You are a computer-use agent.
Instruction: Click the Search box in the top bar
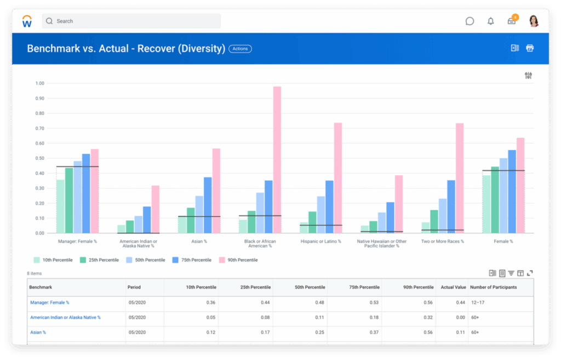[x=131, y=21]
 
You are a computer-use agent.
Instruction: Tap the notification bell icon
[x=490, y=21]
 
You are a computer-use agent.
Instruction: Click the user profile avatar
[x=534, y=21]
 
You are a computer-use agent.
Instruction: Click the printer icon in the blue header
[x=530, y=48]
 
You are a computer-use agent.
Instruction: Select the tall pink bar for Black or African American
[x=277, y=159]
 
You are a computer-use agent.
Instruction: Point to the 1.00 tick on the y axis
[x=39, y=84]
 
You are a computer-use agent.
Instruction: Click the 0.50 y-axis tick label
[x=39, y=158]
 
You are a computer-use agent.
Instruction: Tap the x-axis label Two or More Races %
[x=443, y=241]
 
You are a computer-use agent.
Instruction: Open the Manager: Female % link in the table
[x=49, y=302]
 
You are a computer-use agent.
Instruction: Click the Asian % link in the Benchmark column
[x=38, y=332]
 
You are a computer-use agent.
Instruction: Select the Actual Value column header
[x=453, y=287]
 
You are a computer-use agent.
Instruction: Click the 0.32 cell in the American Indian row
[x=428, y=317]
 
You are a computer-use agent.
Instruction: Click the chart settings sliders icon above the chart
[x=528, y=76]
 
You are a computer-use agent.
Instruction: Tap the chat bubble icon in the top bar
[x=470, y=21]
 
